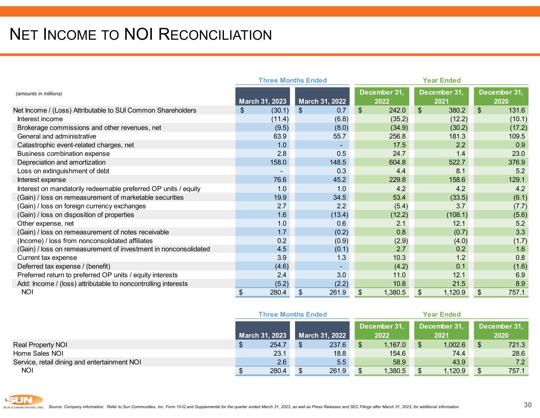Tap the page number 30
click(527, 405)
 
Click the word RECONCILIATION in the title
click(215, 35)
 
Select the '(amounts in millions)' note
click(39, 94)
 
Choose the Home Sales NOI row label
click(38, 353)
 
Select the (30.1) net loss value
click(280, 110)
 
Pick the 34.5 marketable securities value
click(339, 197)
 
